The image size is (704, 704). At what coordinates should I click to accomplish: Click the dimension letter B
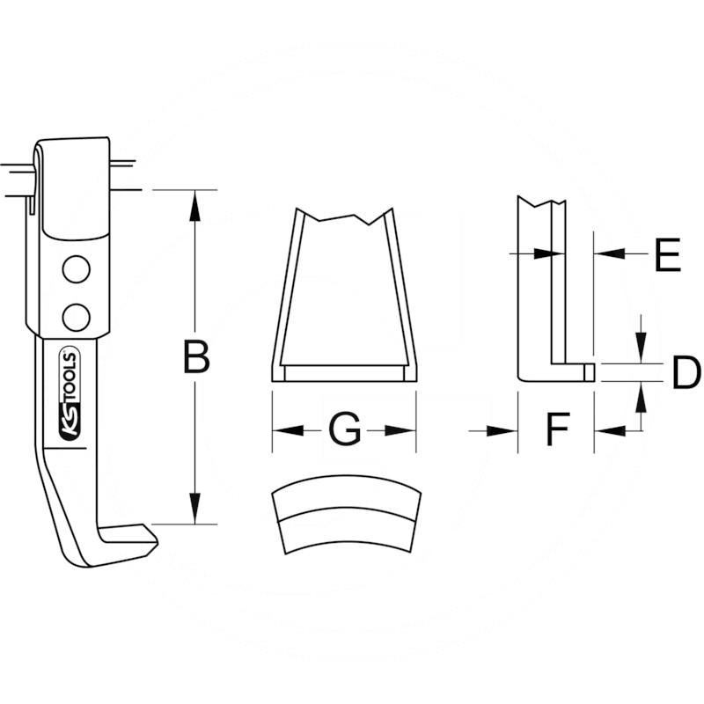[x=196, y=357]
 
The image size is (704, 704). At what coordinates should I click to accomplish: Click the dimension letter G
[x=344, y=429]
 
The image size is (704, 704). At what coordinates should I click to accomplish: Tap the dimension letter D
[x=685, y=373]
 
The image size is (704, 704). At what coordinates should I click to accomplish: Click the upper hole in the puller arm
[x=77, y=270]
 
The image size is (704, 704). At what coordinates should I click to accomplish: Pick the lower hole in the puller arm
[x=77, y=315]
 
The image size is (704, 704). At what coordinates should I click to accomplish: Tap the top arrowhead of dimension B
[x=195, y=202]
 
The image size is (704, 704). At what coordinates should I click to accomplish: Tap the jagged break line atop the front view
[x=343, y=216]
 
